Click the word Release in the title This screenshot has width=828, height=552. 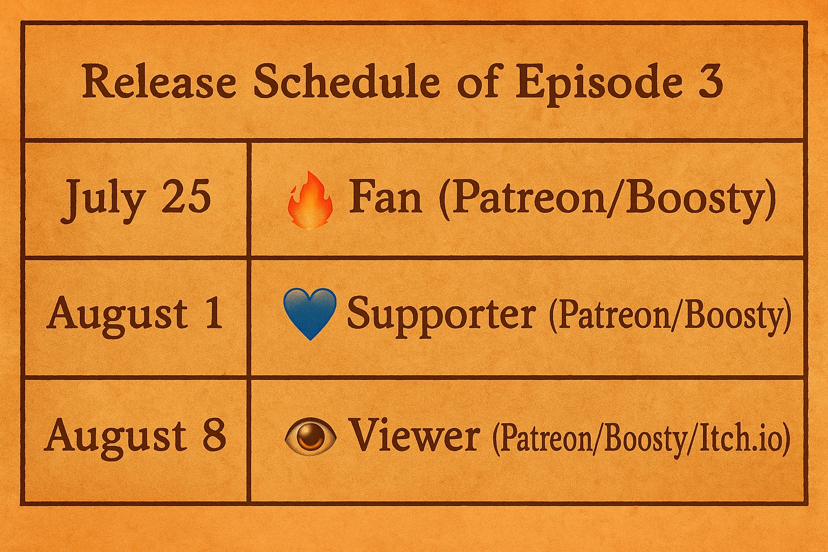(x=158, y=81)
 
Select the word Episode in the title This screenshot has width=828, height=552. (x=598, y=83)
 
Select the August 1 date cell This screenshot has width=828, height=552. (x=136, y=317)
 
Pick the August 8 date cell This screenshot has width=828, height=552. (x=136, y=439)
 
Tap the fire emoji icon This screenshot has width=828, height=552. (x=310, y=200)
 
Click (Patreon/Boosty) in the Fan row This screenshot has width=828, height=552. (x=606, y=199)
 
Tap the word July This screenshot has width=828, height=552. (x=102, y=200)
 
